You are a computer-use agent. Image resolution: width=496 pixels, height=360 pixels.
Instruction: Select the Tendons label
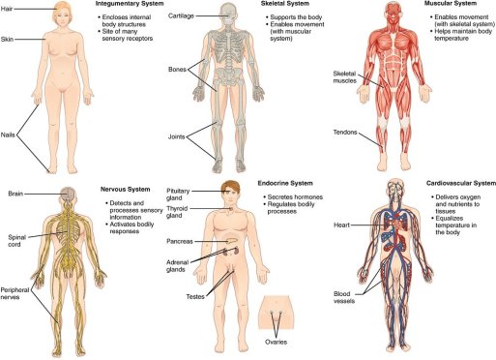[345, 132]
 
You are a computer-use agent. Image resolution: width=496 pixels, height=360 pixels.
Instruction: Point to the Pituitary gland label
[180, 195]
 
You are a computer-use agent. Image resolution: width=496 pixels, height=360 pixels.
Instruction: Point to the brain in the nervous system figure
[63, 195]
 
